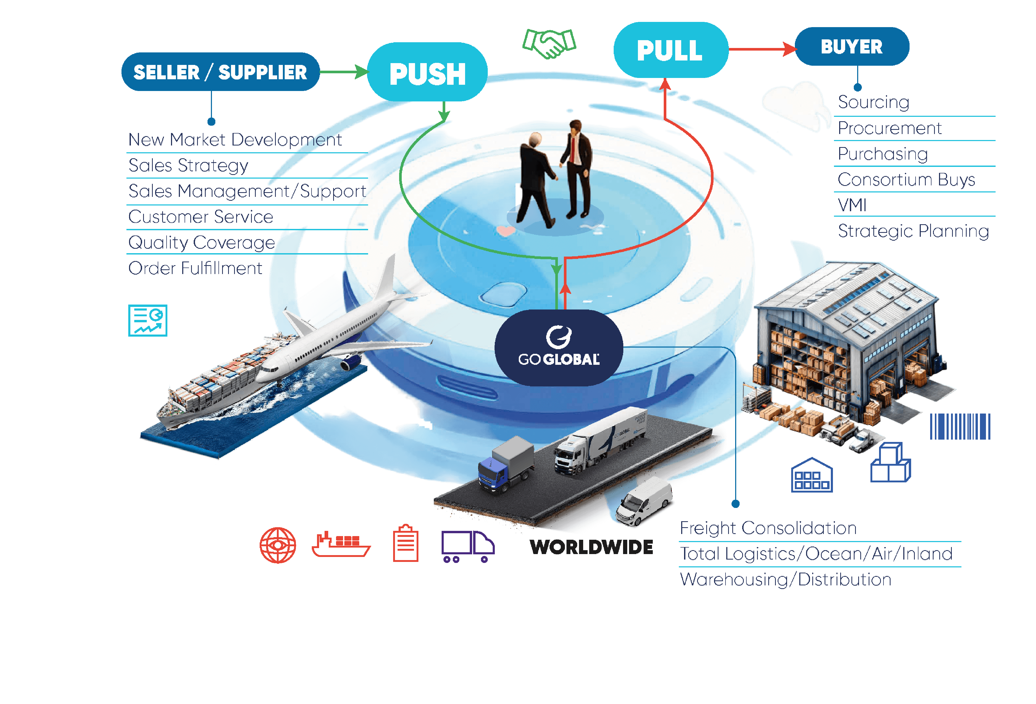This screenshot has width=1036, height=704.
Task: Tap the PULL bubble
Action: (670, 50)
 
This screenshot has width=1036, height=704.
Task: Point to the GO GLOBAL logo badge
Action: (559, 348)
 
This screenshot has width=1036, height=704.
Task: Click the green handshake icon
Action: (549, 43)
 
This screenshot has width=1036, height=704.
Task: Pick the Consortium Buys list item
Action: (906, 180)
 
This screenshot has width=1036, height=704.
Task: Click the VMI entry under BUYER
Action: (852, 205)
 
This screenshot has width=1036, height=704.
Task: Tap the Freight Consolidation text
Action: (768, 528)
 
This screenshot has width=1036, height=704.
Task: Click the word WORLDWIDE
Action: (591, 547)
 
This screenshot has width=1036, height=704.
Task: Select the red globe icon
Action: (278, 545)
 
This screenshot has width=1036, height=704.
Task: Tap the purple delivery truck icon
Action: (468, 546)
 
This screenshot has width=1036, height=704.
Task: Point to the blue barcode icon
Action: (960, 427)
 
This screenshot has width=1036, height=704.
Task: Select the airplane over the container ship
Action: (339, 330)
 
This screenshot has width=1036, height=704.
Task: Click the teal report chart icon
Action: (148, 320)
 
